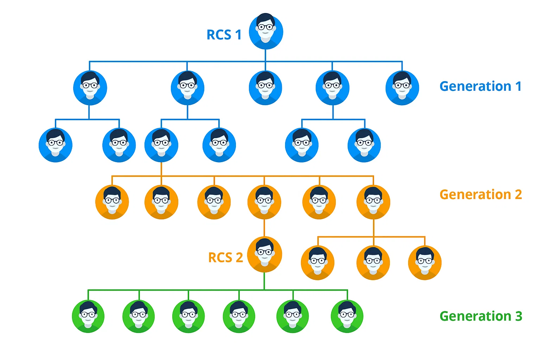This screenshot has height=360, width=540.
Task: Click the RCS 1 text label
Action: coord(224,35)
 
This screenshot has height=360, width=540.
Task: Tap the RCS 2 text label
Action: coord(225,257)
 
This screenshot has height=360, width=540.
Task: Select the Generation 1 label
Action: coord(480,86)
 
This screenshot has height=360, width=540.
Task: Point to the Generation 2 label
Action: coord(481,194)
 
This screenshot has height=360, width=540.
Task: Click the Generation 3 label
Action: coord(481,316)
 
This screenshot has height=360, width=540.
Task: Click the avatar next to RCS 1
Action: coord(266,32)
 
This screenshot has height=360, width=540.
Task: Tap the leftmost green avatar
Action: coord(88,316)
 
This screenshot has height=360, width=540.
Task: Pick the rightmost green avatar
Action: coord(347,316)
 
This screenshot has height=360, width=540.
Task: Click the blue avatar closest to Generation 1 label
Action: coord(402,88)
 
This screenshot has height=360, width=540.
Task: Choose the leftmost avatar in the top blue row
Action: coord(90,88)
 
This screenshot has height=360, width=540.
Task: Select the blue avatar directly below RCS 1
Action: coord(265,88)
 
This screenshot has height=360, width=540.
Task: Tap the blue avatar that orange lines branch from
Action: coord(161,145)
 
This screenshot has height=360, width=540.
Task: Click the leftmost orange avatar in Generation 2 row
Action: coord(112,202)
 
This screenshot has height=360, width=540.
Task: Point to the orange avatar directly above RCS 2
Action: coord(264,202)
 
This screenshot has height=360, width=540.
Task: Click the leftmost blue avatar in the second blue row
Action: coord(56,145)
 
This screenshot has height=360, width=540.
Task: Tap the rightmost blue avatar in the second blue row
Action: coord(364,145)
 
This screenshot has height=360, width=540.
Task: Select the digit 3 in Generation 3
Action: coord(519,316)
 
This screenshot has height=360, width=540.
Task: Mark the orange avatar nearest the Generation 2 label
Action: coord(373,202)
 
